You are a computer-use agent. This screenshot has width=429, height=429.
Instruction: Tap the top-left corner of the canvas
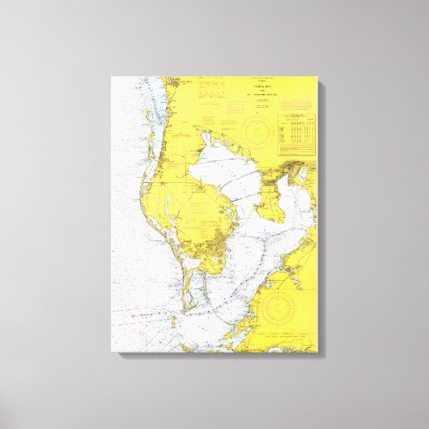point(111,76)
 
